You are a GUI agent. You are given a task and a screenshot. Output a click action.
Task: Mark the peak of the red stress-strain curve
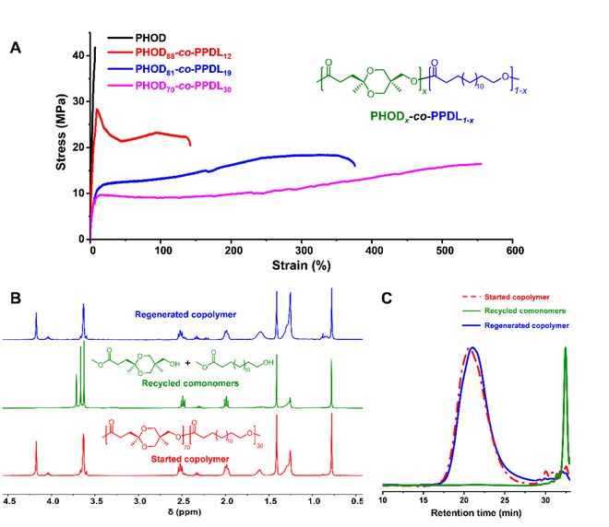98,110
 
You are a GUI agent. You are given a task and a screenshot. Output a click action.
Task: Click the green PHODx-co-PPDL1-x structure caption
416,119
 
